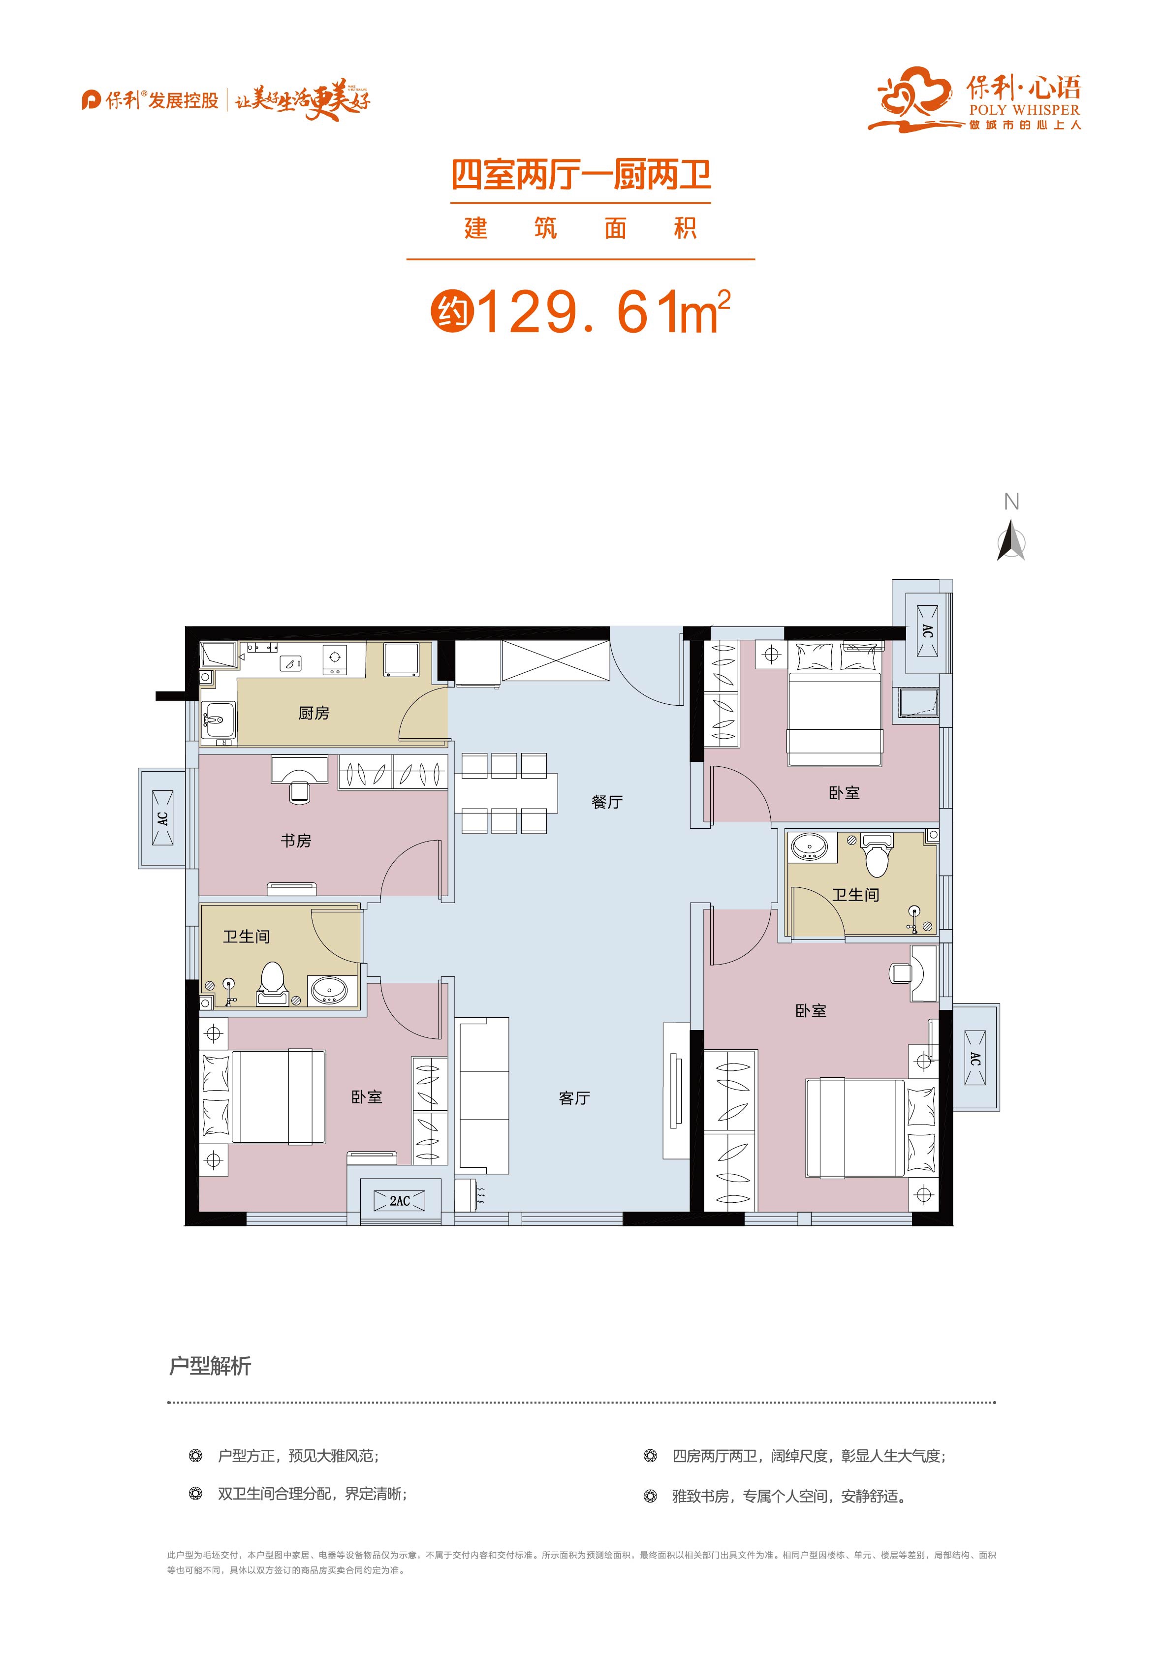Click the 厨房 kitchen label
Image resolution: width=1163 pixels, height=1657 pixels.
[x=314, y=713]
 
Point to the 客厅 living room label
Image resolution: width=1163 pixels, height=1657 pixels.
[x=575, y=1098]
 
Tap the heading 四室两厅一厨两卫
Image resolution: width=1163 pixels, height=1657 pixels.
[x=581, y=175]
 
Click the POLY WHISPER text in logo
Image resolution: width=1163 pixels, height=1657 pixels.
[x=1024, y=110]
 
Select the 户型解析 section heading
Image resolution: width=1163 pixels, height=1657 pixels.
[x=210, y=1366]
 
